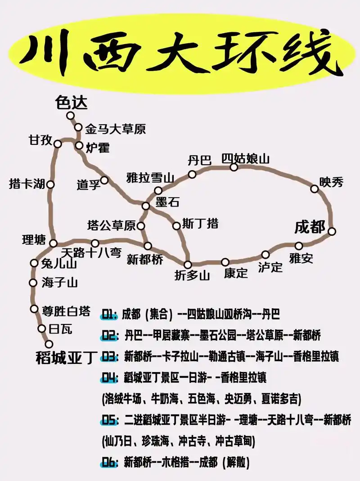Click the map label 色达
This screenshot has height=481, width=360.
click(71, 103)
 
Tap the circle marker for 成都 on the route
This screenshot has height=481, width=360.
click(332, 231)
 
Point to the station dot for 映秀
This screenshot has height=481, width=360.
click(315, 189)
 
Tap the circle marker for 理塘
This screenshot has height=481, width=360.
click(53, 243)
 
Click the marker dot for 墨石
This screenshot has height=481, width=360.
click(146, 206)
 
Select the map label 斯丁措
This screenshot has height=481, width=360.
click(200, 224)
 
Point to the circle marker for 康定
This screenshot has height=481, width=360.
click(225, 262)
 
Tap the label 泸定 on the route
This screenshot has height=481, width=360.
click(270, 267)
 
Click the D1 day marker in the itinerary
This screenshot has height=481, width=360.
click(110, 314)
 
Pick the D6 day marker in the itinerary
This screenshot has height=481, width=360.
click(110, 462)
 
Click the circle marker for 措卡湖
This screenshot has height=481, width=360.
click(50, 184)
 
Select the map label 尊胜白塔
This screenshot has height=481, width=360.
click(66, 311)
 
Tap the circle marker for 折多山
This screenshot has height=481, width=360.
click(188, 265)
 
